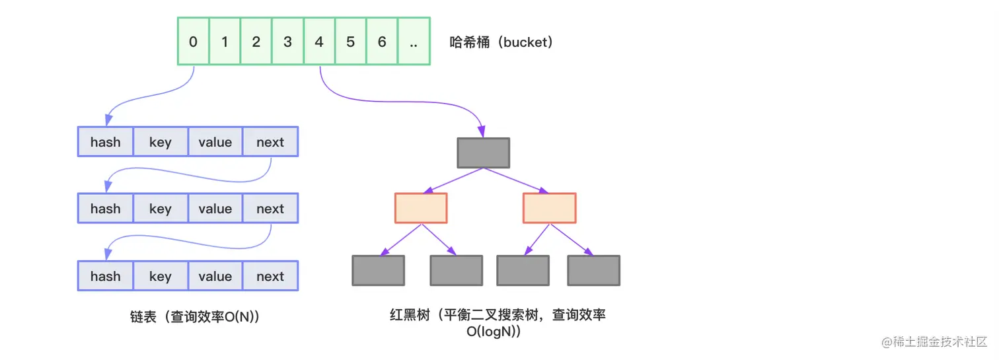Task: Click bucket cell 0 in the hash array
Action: pyautogui.click(x=193, y=42)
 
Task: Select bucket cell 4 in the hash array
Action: pyautogui.click(x=319, y=42)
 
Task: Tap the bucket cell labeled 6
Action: pyautogui.click(x=382, y=42)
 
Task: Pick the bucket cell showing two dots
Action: pyautogui.click(x=414, y=42)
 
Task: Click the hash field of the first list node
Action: pyautogui.click(x=106, y=142)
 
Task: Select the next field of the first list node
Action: pyautogui.click(x=270, y=142)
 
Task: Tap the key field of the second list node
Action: pyautogui.click(x=161, y=209)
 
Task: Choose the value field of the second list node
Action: pyautogui.click(x=215, y=209)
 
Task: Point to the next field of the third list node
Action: pyautogui.click(x=270, y=276)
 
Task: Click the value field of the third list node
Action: pyautogui.click(x=215, y=276)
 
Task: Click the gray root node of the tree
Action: pyautogui.click(x=483, y=153)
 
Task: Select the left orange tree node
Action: pyautogui.click(x=421, y=208)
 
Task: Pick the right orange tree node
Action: pyautogui.click(x=549, y=208)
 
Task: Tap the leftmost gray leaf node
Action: pyautogui.click(x=378, y=270)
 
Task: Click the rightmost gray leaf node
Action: pyautogui.click(x=593, y=270)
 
